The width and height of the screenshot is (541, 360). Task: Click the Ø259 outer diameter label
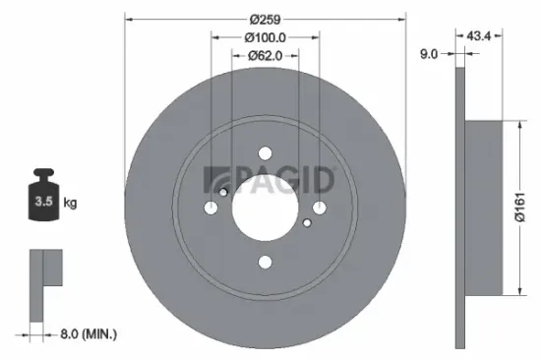(266, 19)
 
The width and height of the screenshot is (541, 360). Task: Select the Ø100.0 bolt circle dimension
(265, 37)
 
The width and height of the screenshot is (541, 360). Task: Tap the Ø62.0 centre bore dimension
(265, 55)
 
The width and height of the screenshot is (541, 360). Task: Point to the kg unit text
(70, 204)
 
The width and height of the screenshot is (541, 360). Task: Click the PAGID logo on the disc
(270, 179)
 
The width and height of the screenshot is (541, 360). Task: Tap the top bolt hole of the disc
(265, 153)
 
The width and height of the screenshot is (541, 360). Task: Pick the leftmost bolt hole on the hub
(211, 208)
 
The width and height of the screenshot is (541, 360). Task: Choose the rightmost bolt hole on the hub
(319, 208)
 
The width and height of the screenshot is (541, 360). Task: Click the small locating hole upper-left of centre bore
(223, 192)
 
